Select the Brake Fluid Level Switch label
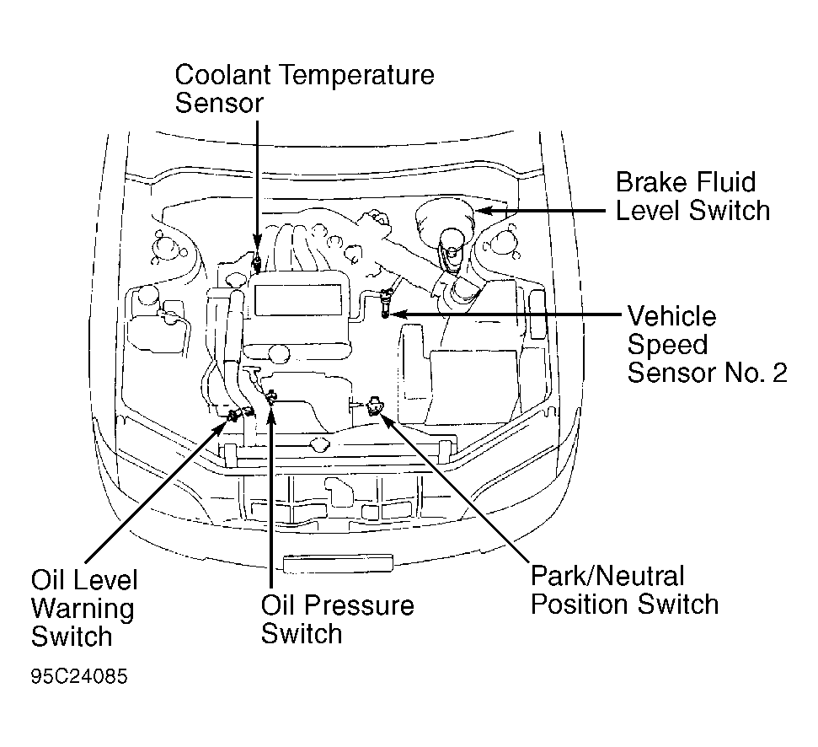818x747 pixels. [x=692, y=196]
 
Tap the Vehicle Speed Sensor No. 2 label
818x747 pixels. [x=706, y=344]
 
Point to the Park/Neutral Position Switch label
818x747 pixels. [x=623, y=590]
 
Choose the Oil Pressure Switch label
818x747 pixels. [x=337, y=619]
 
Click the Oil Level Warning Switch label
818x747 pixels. [x=83, y=607]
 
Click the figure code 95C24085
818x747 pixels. [x=80, y=676]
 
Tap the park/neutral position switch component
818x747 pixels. [x=374, y=407]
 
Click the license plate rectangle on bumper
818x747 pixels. [x=338, y=563]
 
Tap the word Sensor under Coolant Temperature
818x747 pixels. [x=219, y=103]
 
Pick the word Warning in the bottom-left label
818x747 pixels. [x=83, y=608]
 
